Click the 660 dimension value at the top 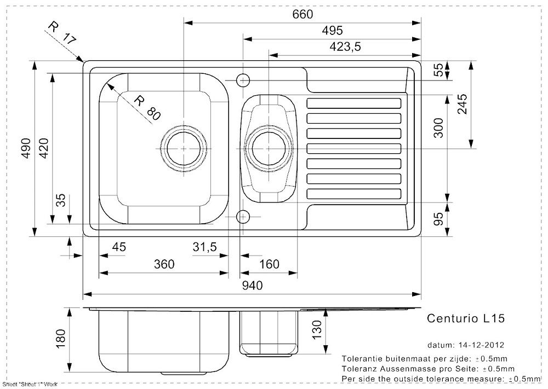302,14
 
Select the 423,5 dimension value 345,47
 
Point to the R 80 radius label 147,107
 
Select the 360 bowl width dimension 164,265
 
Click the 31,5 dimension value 205,247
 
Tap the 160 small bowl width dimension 269,265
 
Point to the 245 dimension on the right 462,104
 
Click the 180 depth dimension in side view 61,339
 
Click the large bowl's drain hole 184,148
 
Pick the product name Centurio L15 465,318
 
